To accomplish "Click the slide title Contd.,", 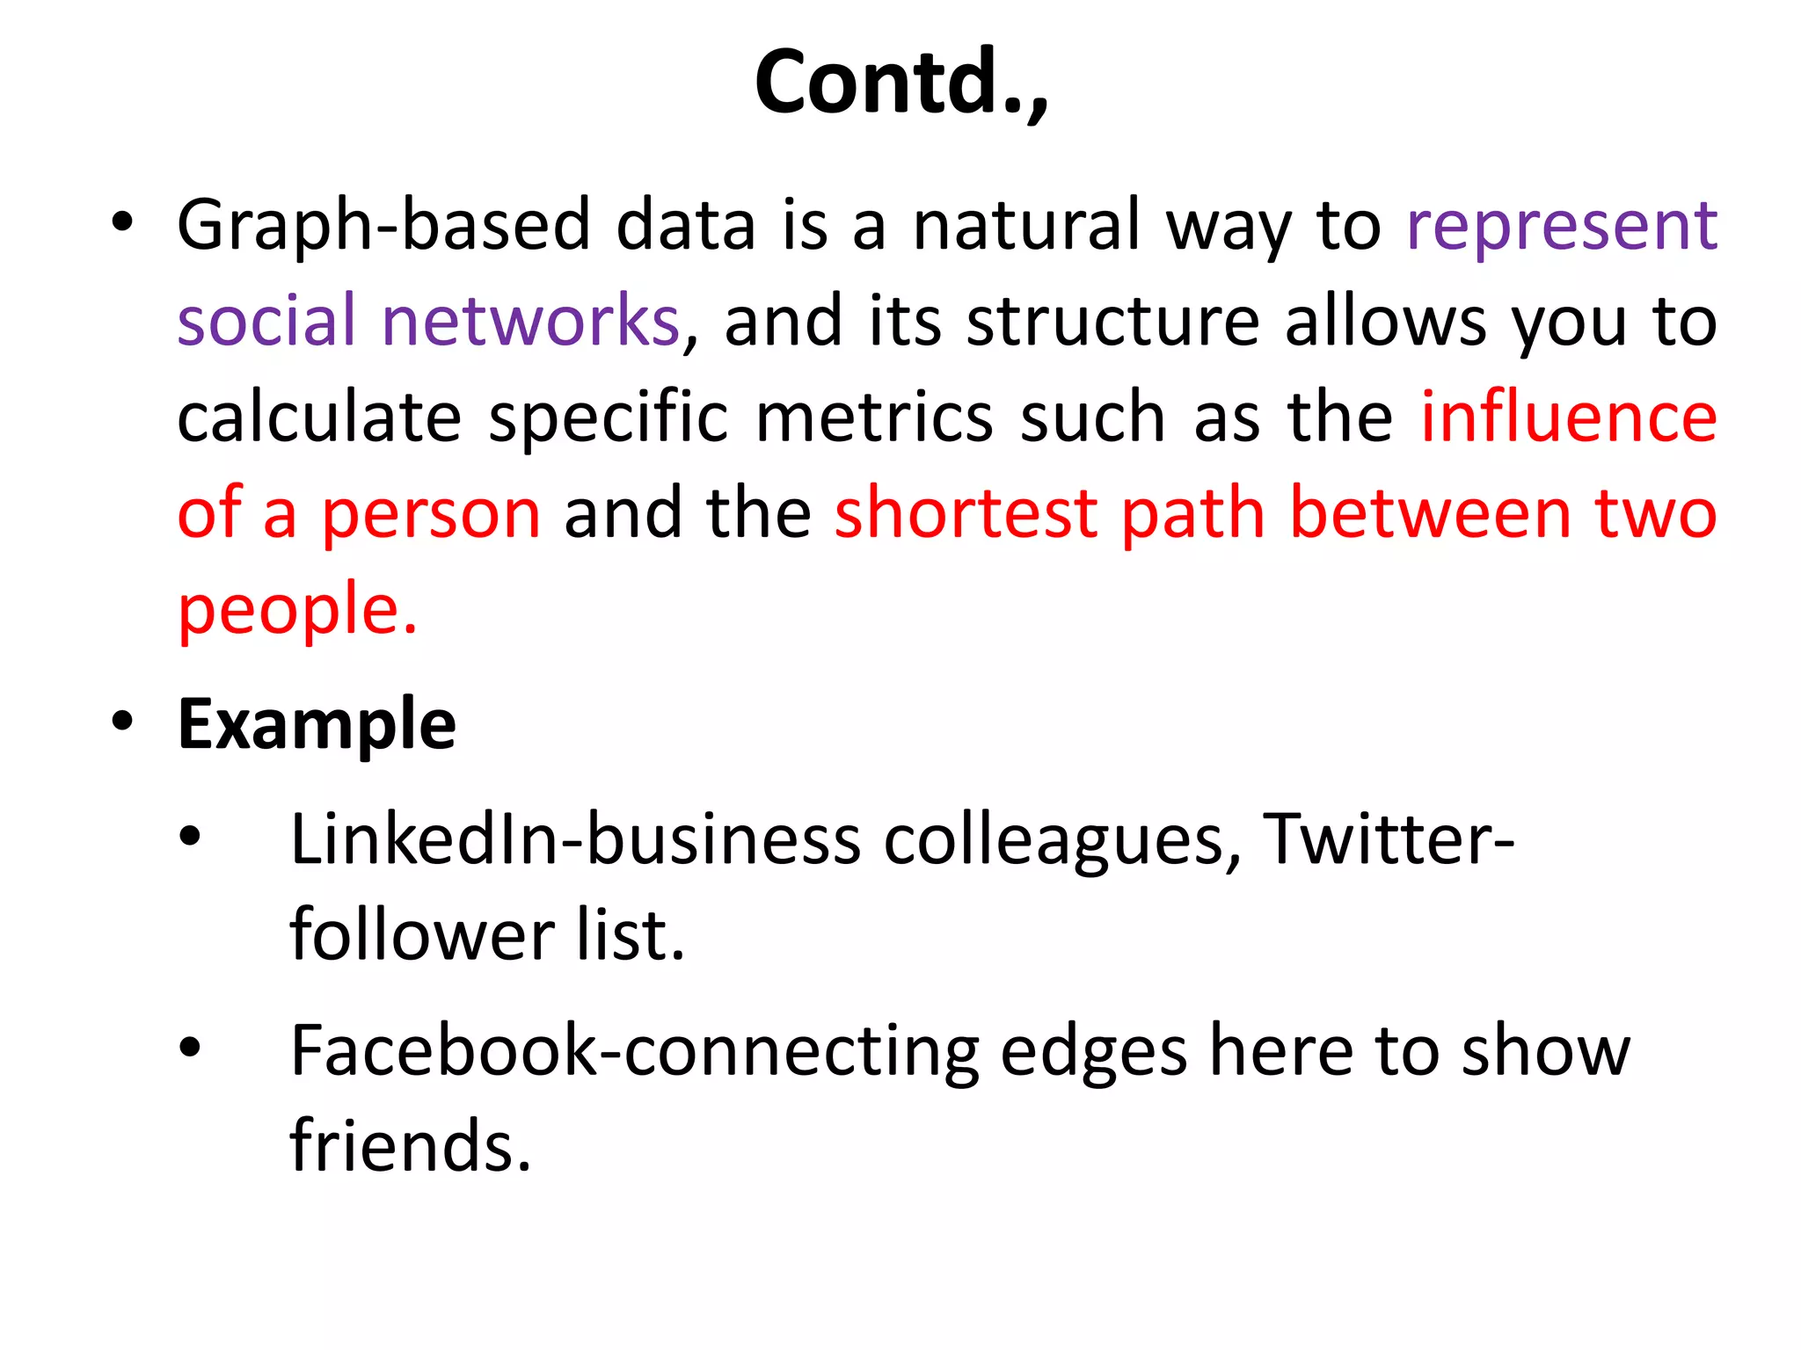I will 901,82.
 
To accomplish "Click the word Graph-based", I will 383,226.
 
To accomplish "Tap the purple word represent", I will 1562,226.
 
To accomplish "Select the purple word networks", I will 530,321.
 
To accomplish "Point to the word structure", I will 1113,321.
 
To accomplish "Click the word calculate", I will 319,417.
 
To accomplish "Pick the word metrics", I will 874,417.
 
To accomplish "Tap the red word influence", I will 1569,417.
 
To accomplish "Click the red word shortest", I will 966,512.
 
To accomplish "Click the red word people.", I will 296,609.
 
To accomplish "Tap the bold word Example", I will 317,724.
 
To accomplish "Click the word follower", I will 422,934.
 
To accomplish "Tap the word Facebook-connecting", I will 634,1051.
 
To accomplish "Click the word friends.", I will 410,1146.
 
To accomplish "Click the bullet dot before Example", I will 123,721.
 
